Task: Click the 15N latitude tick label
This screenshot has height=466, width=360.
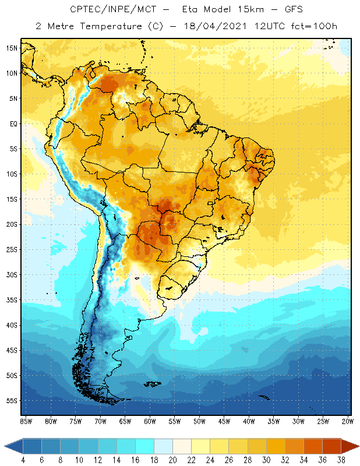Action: point(12,48)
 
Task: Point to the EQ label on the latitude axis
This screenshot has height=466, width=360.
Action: point(13,123)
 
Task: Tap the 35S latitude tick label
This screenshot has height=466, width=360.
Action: point(12,300)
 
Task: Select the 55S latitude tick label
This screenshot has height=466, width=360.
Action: point(12,401)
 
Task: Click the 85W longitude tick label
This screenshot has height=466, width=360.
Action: point(26,421)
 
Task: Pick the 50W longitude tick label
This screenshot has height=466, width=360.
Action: point(199,421)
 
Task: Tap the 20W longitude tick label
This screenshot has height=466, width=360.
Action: point(348,421)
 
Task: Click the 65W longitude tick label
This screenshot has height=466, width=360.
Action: point(125,421)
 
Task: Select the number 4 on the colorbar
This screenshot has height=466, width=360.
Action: point(23,460)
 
